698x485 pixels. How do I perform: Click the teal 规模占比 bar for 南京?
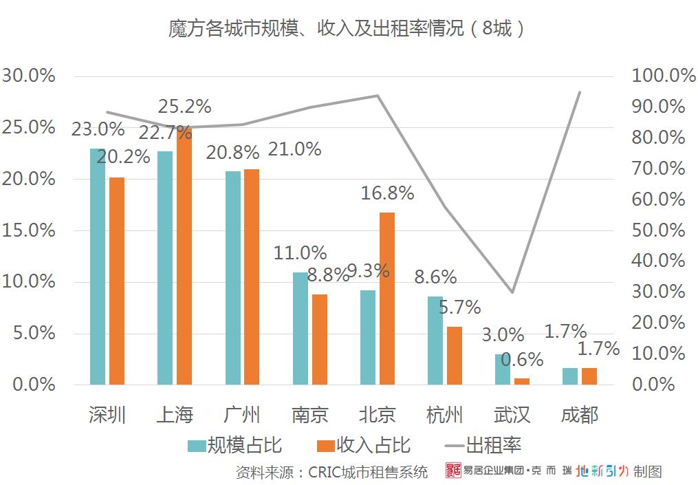[x=301, y=328]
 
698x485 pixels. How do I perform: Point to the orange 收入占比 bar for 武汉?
[x=522, y=381]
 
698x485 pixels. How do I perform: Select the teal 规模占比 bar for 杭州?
[x=435, y=340]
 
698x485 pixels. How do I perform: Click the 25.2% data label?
[x=184, y=107]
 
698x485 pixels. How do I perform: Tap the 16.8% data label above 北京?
[x=387, y=193]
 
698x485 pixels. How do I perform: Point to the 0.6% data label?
[x=522, y=359]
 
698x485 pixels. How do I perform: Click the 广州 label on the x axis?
[x=242, y=415]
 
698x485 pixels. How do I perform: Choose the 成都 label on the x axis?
[x=580, y=415]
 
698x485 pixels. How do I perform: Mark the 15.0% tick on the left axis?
[x=29, y=230]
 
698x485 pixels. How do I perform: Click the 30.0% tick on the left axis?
[x=29, y=76]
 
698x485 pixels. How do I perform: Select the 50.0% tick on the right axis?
[x=658, y=230]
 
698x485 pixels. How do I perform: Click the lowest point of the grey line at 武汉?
[x=512, y=292]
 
